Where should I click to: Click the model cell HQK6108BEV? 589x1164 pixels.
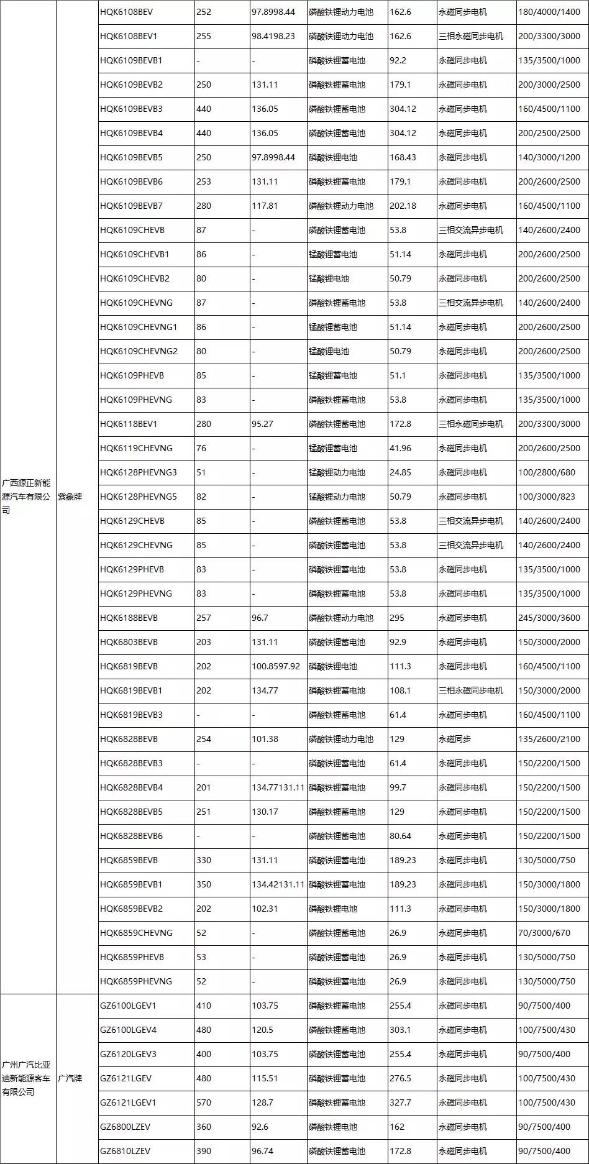coord(126,12)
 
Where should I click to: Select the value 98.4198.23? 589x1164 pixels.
coord(273,36)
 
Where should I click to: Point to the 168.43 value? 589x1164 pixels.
coord(403,157)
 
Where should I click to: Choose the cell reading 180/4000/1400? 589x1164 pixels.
coord(549,12)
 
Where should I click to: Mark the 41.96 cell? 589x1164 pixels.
coord(401,448)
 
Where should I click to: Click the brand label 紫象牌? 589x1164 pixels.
coord(70,497)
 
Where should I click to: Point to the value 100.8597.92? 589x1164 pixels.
coord(276,666)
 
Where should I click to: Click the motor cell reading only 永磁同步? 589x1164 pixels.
coord(455,739)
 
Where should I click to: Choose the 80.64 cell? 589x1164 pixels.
coord(401,836)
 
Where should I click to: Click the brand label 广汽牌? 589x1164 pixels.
coord(70,1078)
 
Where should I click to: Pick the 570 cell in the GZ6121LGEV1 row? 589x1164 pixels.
coord(204,1102)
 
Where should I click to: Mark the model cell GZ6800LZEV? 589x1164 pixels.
coord(125,1127)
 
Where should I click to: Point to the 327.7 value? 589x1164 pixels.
coord(401,1102)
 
